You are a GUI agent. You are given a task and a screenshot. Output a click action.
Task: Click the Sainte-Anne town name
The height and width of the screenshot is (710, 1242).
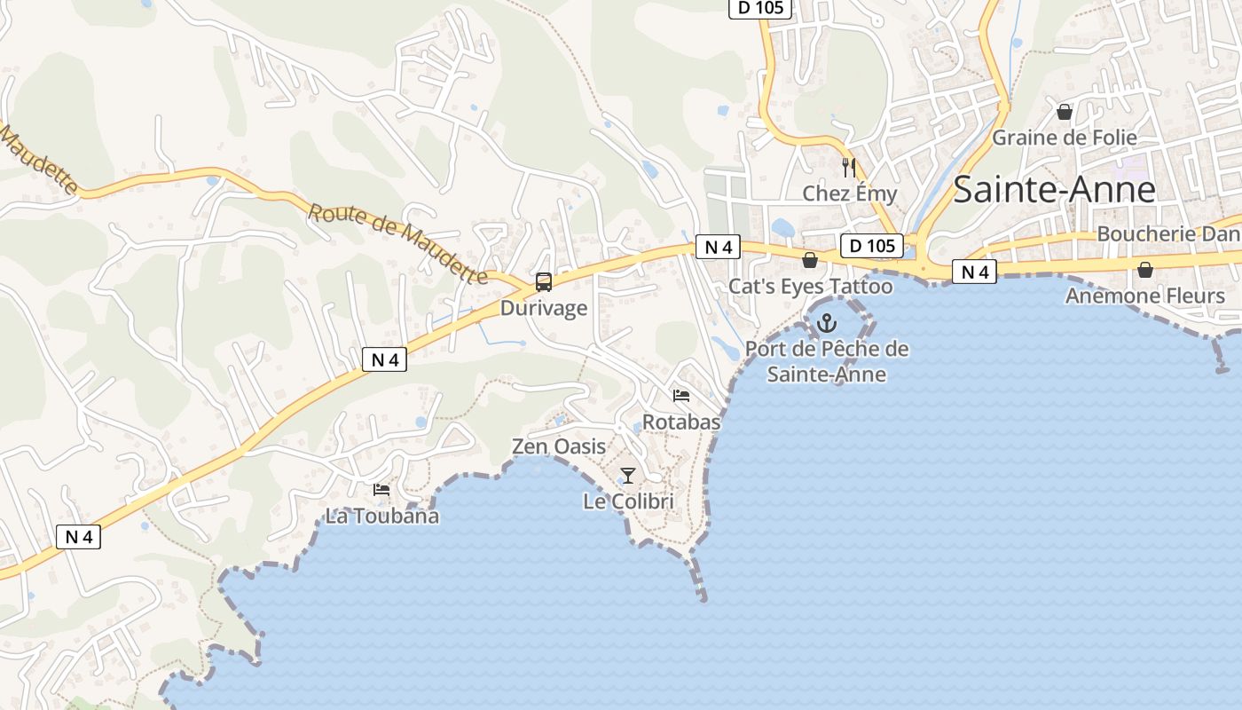coord(1054,190)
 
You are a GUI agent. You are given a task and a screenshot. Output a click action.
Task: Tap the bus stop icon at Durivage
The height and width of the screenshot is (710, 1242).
coord(544,282)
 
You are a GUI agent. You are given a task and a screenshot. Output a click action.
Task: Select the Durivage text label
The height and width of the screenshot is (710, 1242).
coord(544,308)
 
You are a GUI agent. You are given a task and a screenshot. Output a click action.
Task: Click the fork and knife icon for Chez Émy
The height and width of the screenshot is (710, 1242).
coord(848,167)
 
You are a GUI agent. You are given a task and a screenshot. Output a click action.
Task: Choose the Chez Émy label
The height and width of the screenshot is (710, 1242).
coord(849,193)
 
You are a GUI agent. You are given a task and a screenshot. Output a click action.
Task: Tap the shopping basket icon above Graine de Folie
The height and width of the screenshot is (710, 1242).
coord(1065,112)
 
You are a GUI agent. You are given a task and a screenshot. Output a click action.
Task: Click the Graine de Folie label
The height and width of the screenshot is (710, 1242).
coord(1064,138)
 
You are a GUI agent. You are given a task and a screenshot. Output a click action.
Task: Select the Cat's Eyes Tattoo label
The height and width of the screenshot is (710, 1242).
coord(810,286)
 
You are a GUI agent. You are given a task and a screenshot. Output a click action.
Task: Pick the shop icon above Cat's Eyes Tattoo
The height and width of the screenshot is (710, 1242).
coord(809,260)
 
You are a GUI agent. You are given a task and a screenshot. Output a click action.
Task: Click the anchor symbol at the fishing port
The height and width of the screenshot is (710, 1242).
coord(827,323)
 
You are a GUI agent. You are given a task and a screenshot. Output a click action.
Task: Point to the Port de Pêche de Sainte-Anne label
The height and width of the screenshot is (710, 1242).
coord(827,361)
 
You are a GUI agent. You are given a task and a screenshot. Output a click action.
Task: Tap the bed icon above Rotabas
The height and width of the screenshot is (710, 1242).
coord(681,395)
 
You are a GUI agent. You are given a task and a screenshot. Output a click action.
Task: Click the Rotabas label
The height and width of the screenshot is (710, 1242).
coord(681,422)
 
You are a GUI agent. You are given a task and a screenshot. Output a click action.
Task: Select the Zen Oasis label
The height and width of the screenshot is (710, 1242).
coord(559,446)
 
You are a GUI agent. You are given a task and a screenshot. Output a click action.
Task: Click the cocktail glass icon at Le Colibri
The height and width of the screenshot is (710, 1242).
coord(628,476)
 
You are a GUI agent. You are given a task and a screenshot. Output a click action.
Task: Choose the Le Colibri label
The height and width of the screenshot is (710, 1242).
coord(628,501)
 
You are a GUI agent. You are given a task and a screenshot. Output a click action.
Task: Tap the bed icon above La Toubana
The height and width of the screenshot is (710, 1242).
coord(381,489)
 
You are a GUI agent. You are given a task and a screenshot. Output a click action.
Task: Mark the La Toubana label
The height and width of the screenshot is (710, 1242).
coord(381,516)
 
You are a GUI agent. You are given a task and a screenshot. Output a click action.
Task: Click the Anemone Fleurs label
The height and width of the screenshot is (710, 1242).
coord(1144,296)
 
